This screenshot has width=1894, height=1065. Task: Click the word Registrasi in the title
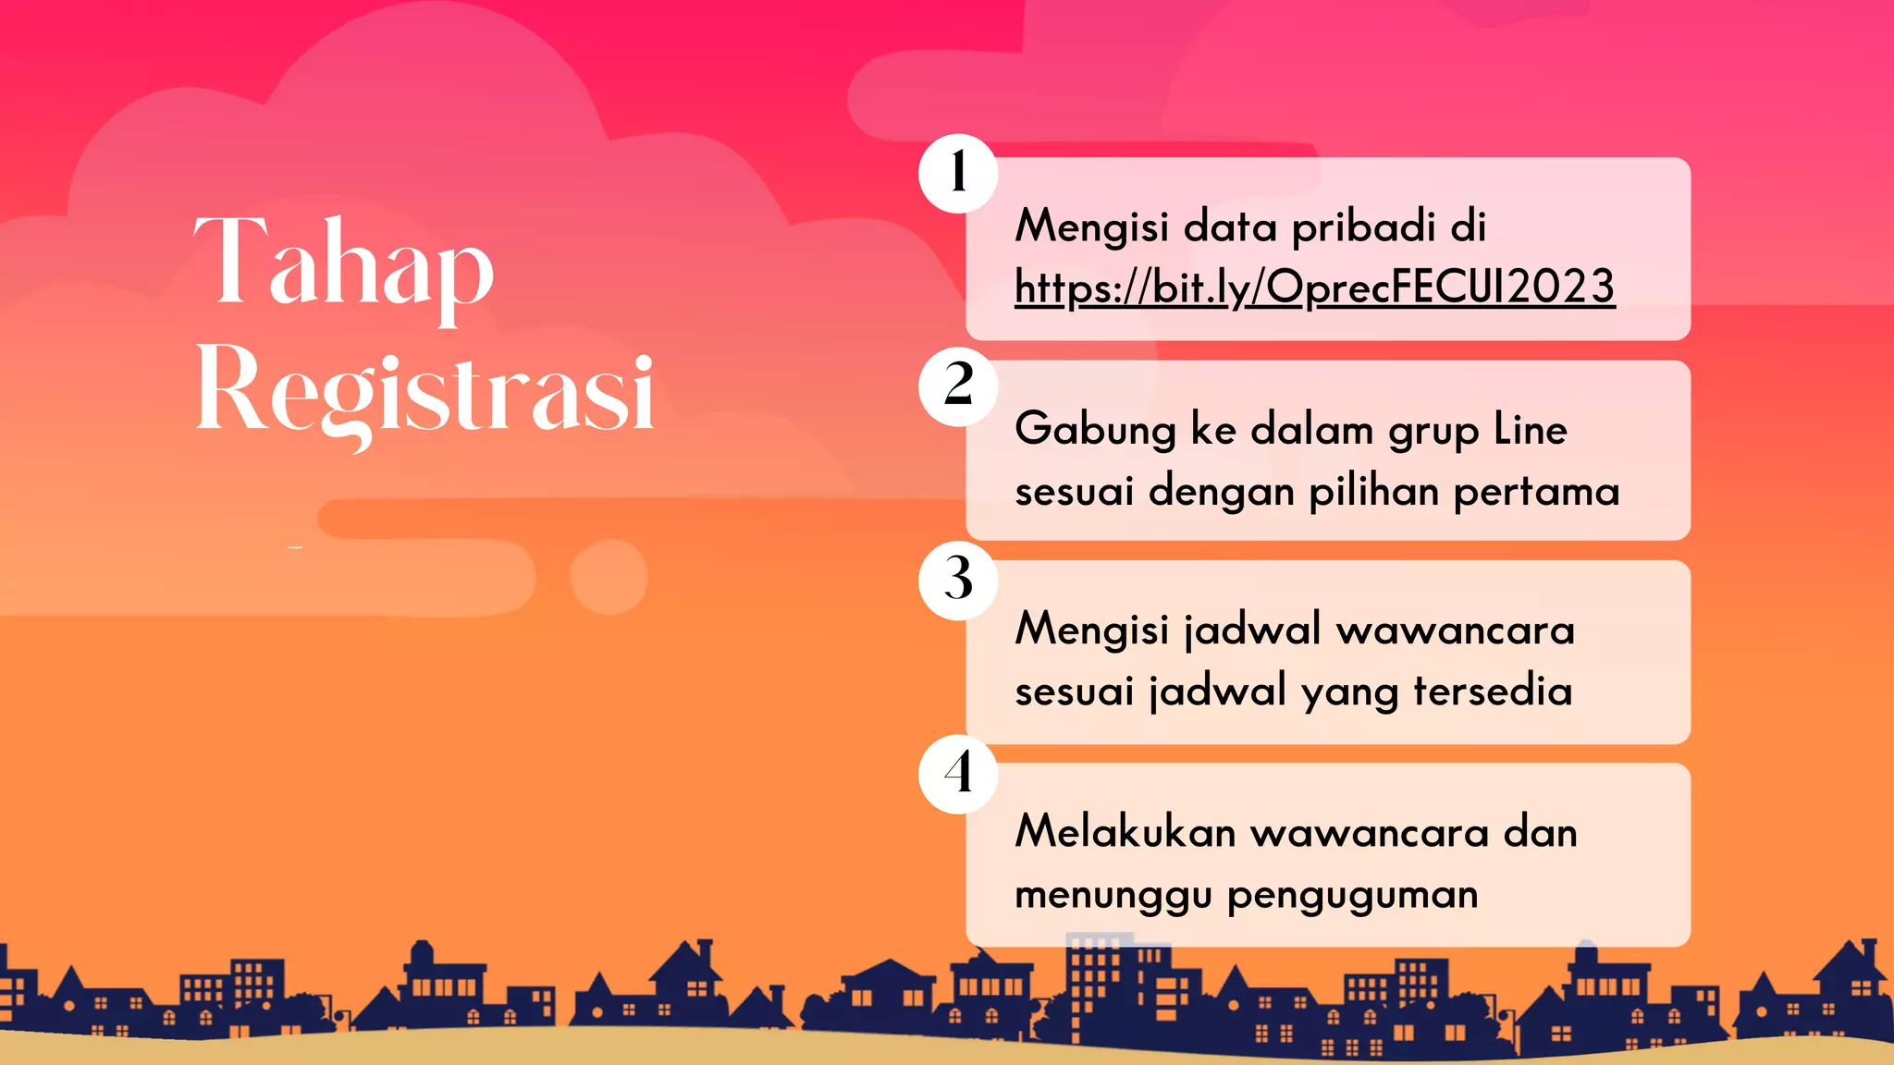pos(425,393)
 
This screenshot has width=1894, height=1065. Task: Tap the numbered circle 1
pos(958,173)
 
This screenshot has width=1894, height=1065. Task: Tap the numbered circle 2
pos(958,386)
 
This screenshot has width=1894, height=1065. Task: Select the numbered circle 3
pos(958,580)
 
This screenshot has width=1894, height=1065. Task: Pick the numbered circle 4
pos(958,774)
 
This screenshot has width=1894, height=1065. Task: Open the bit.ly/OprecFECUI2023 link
pos(1314,287)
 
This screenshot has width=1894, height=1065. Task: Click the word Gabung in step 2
pos(1095,430)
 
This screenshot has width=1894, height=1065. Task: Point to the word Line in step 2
pos(1530,430)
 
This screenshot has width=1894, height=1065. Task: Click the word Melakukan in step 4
pos(1125,832)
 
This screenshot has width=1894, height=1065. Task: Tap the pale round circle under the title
pos(608,577)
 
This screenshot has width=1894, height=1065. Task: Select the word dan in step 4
pos(1540,832)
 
